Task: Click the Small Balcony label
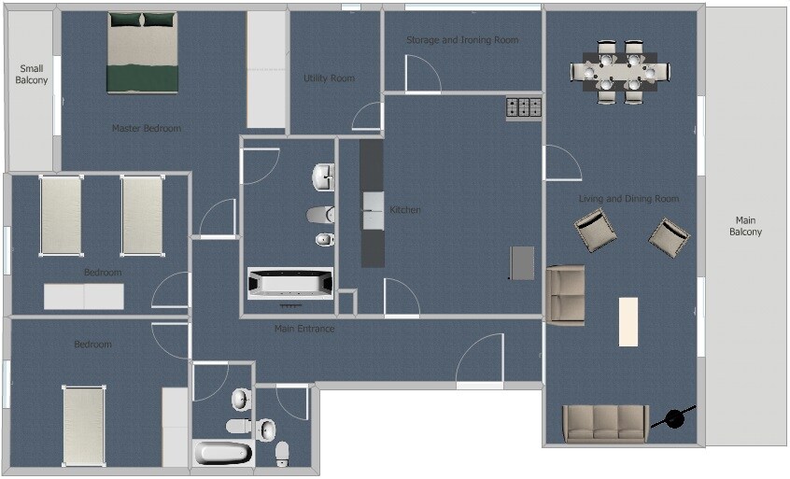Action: point(31,74)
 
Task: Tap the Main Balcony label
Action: point(745,226)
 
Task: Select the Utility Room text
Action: point(329,78)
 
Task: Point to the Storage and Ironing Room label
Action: point(462,40)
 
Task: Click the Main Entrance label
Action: point(304,329)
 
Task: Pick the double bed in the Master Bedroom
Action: point(143,52)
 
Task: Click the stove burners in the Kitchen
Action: point(524,107)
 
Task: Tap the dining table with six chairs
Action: point(620,72)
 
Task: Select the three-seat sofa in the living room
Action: point(605,424)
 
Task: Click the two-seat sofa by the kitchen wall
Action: point(565,295)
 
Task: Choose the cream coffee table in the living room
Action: point(628,321)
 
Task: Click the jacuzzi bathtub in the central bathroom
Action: point(290,283)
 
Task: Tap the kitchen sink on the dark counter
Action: point(373,210)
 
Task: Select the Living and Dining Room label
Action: point(628,199)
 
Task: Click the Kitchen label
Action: point(405,209)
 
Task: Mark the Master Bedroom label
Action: point(146,128)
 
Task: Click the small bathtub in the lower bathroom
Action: point(222,453)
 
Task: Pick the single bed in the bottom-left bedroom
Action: point(84,426)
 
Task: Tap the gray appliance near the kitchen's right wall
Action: point(522,262)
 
